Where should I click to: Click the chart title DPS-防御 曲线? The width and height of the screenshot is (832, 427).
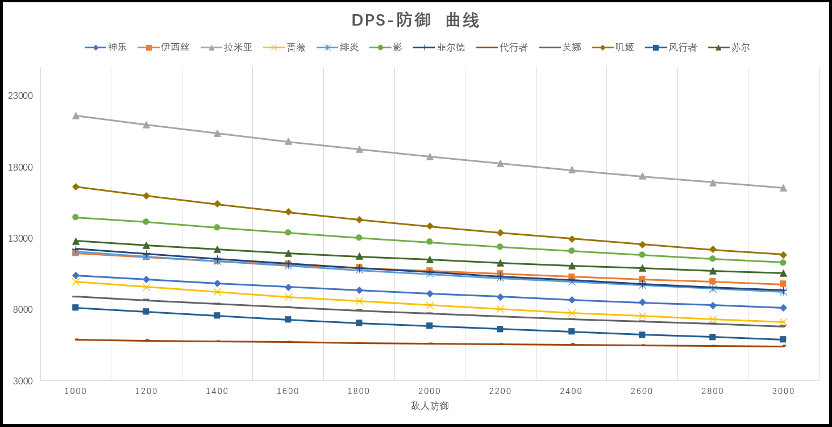(415, 20)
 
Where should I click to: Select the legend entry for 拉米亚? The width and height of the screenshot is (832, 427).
(227, 47)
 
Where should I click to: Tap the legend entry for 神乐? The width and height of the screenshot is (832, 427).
(106, 47)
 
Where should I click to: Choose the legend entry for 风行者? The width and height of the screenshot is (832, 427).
(671, 47)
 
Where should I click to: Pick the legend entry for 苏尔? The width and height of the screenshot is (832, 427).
(729, 47)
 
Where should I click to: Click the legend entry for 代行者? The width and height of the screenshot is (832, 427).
(502, 47)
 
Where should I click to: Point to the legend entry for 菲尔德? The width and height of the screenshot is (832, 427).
(439, 47)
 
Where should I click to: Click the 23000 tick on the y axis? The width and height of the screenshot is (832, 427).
(20, 96)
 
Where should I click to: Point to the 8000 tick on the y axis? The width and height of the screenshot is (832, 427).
(23, 309)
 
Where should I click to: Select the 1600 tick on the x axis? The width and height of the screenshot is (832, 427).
(288, 391)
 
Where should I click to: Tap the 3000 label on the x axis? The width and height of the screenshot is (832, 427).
(783, 391)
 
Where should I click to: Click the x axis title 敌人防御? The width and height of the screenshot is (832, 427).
(430, 406)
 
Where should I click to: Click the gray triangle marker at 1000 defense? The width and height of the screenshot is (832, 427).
(76, 115)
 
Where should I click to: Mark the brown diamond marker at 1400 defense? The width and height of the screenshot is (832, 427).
(217, 204)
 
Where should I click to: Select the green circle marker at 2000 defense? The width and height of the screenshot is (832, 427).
(430, 242)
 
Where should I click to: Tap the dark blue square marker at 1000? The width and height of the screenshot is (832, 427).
(76, 308)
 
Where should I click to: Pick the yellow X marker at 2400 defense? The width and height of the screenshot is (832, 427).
(572, 313)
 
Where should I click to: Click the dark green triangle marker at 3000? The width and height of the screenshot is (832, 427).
(783, 273)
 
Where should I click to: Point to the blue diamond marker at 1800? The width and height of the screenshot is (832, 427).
(359, 290)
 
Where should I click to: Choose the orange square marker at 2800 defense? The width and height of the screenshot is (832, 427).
(713, 281)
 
